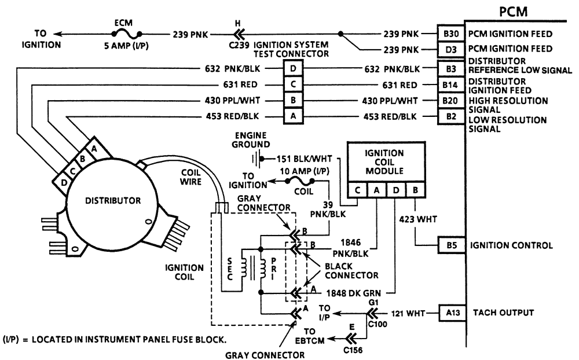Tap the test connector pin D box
click(x=292, y=68)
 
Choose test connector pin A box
click(x=292, y=116)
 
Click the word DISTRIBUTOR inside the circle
click(x=113, y=201)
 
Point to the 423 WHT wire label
click(x=416, y=220)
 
